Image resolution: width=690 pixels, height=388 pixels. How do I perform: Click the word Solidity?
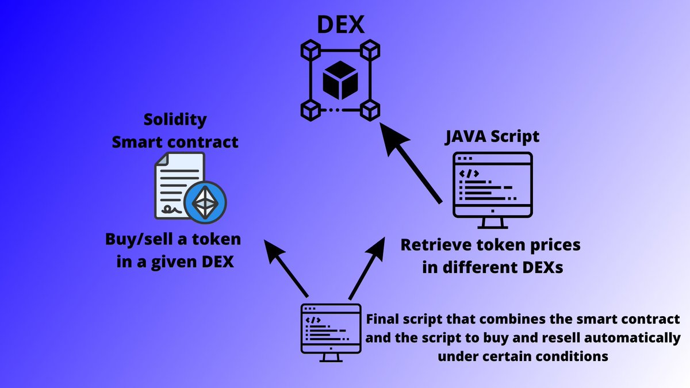[175, 121]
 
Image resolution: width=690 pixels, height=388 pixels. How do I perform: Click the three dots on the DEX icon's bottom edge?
[335, 109]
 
